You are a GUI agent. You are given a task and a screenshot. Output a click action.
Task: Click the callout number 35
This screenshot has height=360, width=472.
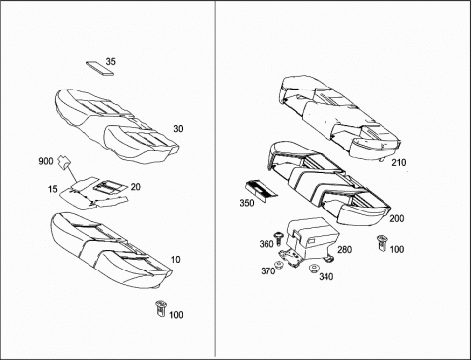tap(111, 61)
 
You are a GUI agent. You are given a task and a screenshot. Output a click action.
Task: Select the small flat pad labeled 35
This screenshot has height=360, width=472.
tap(100, 68)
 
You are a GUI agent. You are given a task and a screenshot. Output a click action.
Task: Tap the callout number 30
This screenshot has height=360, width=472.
tap(178, 129)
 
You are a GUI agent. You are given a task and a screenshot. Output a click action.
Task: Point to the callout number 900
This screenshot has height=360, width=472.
tap(46, 161)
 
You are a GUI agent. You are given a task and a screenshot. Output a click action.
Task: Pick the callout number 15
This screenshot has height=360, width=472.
tap(52, 189)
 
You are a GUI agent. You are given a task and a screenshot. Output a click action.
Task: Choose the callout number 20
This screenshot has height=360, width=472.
tap(135, 187)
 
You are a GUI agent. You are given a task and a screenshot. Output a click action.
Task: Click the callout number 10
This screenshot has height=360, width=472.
tap(176, 260)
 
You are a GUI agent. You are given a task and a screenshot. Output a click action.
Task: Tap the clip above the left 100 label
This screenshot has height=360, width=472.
tap(161, 308)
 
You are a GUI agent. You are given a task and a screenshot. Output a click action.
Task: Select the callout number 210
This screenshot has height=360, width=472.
tap(398, 162)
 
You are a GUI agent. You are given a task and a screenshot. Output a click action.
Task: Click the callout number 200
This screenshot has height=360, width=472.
tap(397, 218)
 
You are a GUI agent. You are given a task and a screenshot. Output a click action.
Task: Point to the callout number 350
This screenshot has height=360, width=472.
tap(247, 203)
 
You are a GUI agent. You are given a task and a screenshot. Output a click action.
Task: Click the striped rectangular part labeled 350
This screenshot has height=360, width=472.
tap(262, 190)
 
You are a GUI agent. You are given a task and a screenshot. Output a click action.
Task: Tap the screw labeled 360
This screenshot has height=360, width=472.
tap(279, 238)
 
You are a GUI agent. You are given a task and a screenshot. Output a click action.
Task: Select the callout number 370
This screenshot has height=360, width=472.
tap(268, 271)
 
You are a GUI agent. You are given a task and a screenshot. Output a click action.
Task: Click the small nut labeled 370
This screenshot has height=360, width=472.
tap(279, 264)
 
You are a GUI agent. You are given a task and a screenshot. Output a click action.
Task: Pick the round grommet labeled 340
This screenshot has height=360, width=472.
tap(314, 268)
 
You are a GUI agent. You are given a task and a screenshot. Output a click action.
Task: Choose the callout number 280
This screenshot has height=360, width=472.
tap(345, 249)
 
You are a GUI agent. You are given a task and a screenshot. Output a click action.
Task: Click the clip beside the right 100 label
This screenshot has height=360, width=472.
tap(382, 243)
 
